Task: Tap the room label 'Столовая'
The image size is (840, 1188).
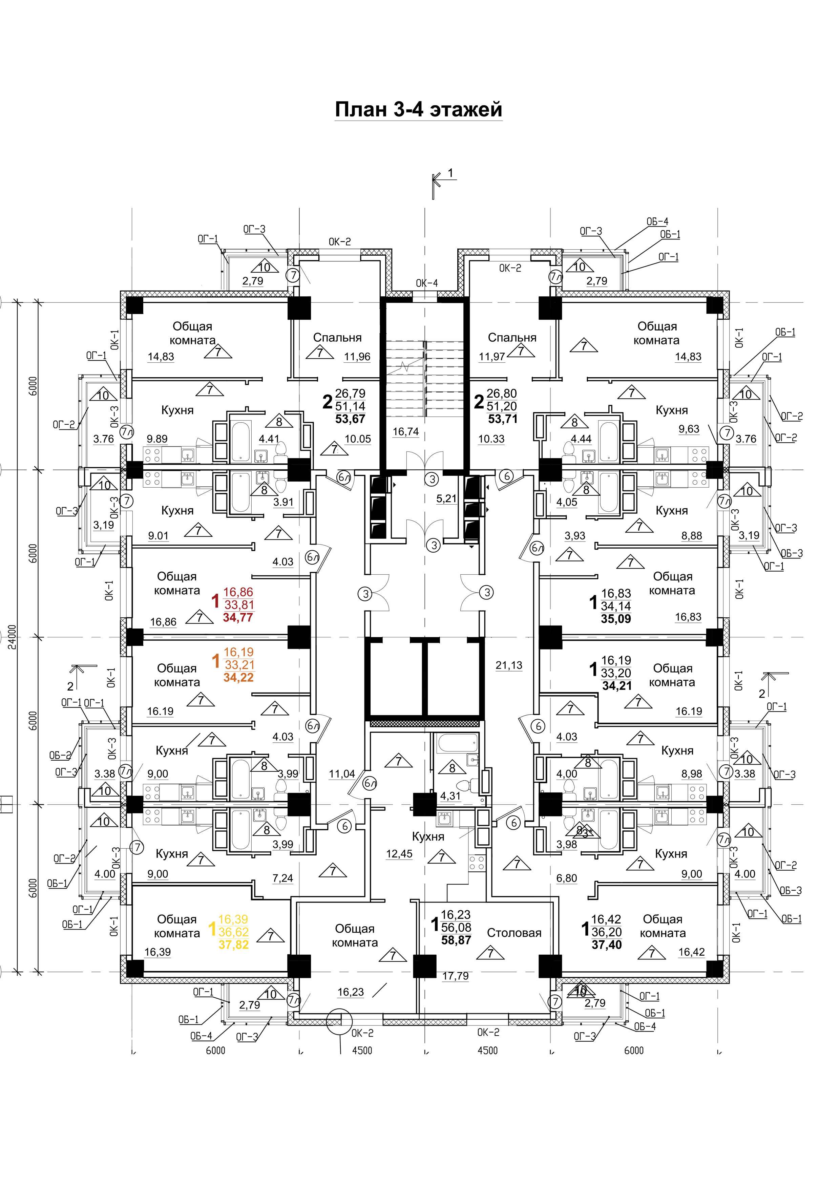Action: tap(514, 933)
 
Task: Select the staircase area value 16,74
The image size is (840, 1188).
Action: tap(406, 431)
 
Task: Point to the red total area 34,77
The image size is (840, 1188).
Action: tap(238, 617)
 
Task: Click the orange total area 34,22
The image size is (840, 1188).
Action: tap(238, 677)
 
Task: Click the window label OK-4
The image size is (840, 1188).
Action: tap(427, 283)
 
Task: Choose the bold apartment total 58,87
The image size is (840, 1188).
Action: tap(456, 940)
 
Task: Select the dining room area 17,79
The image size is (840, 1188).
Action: tap(456, 976)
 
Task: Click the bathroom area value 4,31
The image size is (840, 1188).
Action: tap(450, 796)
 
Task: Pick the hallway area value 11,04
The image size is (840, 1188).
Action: tap(342, 774)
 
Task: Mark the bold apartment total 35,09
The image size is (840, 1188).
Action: tap(616, 619)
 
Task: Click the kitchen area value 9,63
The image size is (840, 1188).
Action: tap(689, 429)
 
